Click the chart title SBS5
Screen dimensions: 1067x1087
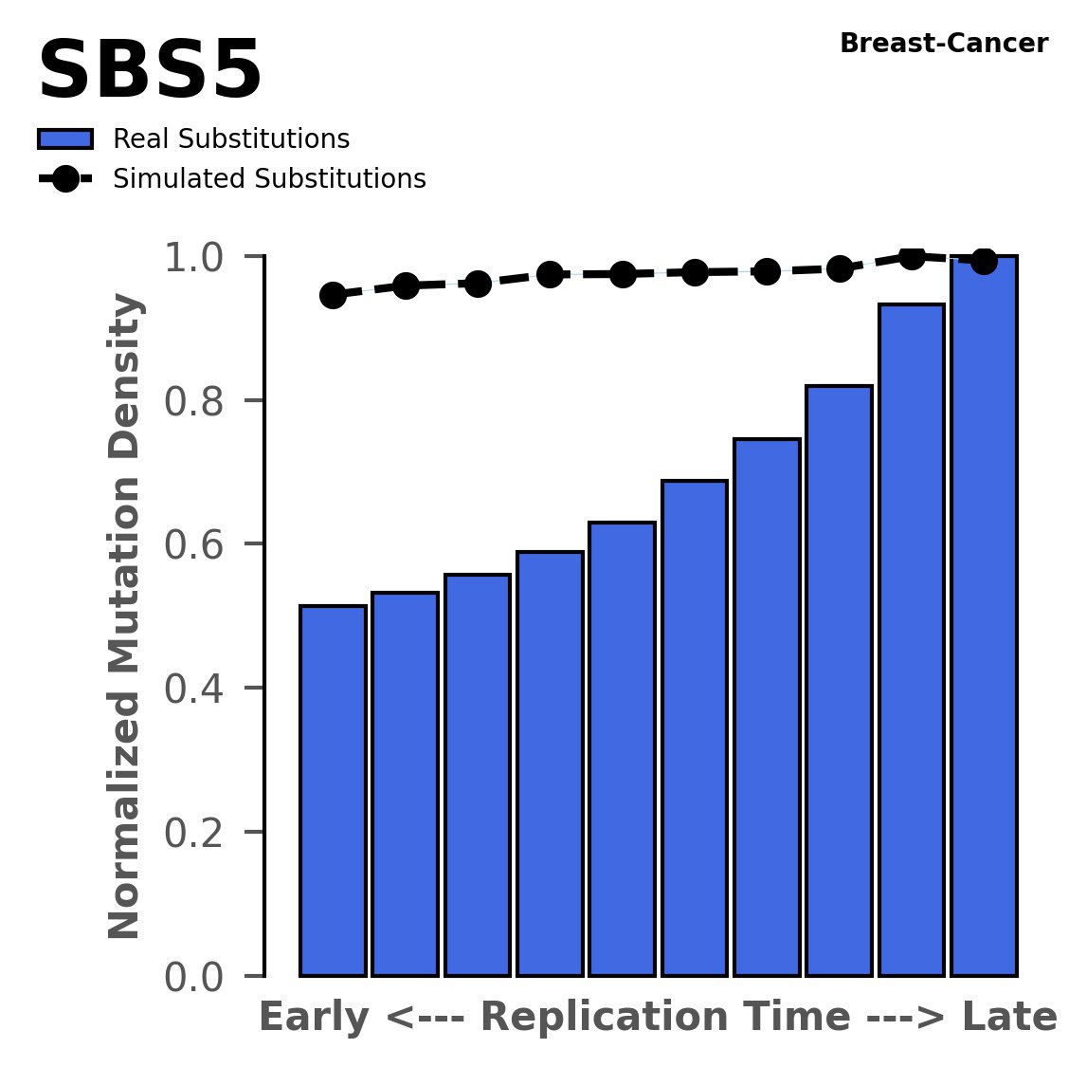pyautogui.click(x=150, y=72)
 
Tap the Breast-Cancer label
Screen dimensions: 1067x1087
pyautogui.click(x=944, y=44)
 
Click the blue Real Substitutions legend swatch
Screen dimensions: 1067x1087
pyautogui.click(x=65, y=139)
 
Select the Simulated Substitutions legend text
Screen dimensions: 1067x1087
pyautogui.click(x=269, y=179)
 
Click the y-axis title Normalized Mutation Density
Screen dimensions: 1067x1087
pyautogui.click(x=125, y=616)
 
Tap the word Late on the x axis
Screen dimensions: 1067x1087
pyautogui.click(x=1009, y=1018)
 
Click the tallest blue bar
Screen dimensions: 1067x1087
pyautogui.click(x=984, y=616)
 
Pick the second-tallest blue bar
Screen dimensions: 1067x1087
pyautogui.click(x=912, y=640)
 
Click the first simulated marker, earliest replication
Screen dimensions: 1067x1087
pyautogui.click(x=333, y=295)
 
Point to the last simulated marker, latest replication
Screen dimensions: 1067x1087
pyautogui.click(x=984, y=260)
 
